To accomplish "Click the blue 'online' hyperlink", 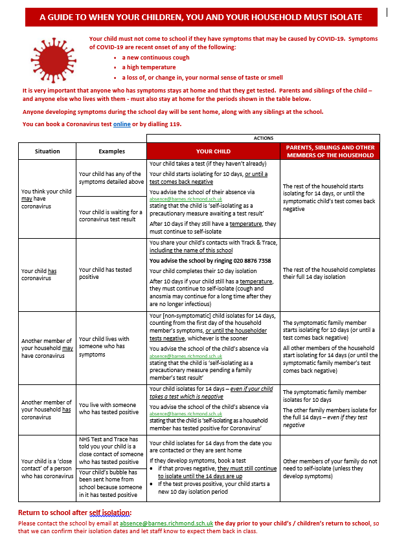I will point(122,124).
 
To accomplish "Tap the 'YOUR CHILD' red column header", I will point(213,151).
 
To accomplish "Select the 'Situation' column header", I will point(47,151).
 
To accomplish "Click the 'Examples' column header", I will point(111,151).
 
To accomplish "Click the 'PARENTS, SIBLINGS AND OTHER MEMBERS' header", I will point(330,151).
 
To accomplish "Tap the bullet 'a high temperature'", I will point(150,67).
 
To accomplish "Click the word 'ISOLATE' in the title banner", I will point(329,17).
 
